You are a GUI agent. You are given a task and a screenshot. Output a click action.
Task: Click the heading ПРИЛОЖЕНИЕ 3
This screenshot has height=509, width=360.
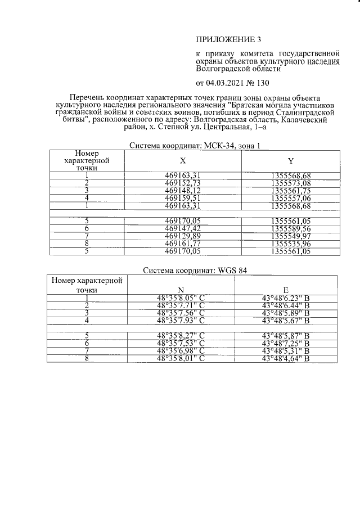228,39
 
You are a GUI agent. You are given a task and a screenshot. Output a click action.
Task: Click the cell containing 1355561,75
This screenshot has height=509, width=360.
290,191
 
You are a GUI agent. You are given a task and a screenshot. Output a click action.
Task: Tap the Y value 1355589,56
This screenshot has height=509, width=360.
290,229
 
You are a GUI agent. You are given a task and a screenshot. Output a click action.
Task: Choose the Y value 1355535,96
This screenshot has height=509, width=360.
290,245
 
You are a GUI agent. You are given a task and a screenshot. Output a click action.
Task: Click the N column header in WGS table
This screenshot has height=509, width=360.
181,290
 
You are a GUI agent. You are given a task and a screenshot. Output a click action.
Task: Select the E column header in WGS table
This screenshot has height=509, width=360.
286,290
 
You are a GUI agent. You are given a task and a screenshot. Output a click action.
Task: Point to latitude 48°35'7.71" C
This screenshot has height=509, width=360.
181,305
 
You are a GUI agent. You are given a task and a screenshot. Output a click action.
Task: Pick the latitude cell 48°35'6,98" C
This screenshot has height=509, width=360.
181,352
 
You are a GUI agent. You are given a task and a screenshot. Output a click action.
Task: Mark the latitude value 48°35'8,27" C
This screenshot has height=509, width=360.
181,336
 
